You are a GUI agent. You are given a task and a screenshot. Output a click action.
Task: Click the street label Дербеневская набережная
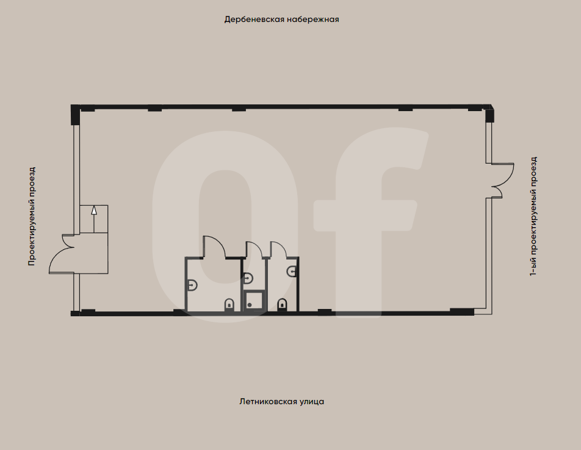click(281, 20)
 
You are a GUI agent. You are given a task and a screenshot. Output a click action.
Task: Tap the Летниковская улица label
click(281, 402)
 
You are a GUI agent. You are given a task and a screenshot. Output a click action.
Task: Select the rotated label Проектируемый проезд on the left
click(32, 216)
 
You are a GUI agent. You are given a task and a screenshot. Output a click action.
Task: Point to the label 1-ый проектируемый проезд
click(533, 217)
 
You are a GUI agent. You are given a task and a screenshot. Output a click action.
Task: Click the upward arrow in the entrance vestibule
click(93, 211)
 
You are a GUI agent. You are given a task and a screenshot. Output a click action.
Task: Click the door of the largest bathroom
click(214, 247)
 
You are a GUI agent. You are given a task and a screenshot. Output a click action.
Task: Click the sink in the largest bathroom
click(192, 284)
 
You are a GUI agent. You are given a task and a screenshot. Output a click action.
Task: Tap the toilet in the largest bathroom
click(229, 304)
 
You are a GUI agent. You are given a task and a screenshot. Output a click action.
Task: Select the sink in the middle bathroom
click(248, 278)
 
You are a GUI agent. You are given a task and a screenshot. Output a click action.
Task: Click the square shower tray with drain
click(253, 301)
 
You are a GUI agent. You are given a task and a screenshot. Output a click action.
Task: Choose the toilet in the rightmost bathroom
click(282, 304)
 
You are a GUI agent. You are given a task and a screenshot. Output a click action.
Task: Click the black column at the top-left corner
click(76, 114)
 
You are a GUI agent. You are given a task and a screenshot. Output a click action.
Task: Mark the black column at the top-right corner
click(489, 114)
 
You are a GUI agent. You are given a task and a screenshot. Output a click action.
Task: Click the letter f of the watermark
click(366, 214)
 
